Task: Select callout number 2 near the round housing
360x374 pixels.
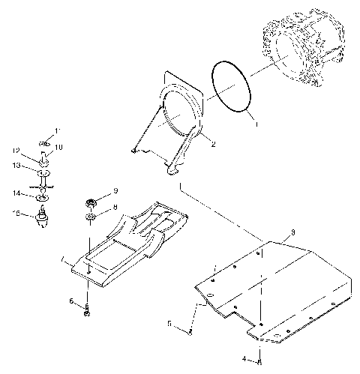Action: click(x=214, y=145)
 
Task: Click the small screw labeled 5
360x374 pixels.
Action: click(x=190, y=330)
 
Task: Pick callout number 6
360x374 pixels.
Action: click(x=72, y=301)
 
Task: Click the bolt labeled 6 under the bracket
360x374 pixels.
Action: click(x=88, y=310)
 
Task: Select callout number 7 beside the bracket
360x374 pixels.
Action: click(x=64, y=260)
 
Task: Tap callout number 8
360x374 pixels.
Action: click(x=115, y=207)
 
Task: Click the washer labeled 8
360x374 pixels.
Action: click(x=90, y=217)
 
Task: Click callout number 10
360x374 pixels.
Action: click(x=59, y=148)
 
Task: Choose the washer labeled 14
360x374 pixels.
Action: click(x=43, y=196)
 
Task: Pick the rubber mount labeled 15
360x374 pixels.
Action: click(x=44, y=218)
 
